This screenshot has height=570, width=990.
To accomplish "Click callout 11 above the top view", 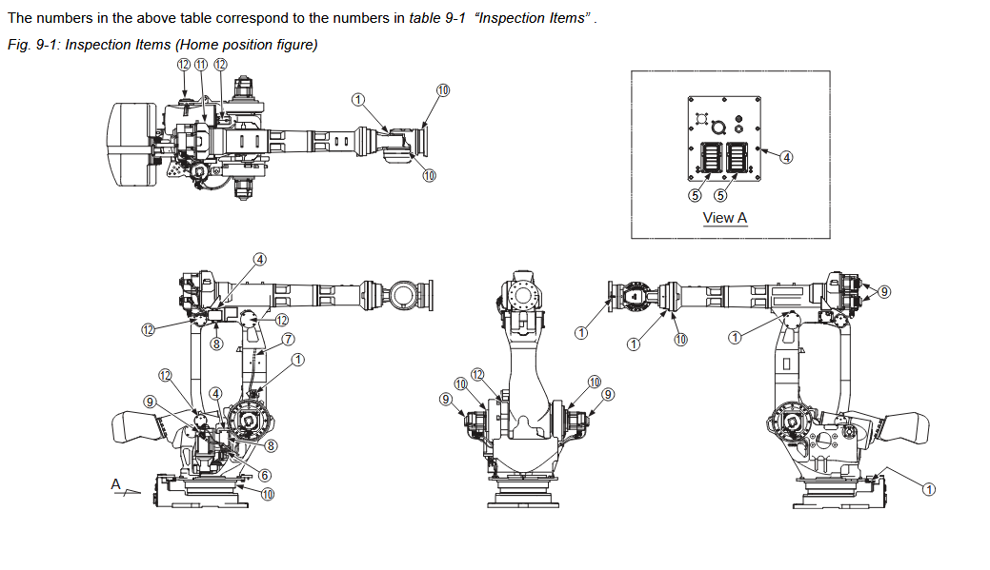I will (201, 64).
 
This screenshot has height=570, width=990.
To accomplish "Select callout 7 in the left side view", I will (287, 339).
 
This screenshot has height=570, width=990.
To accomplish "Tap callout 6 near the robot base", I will (265, 475).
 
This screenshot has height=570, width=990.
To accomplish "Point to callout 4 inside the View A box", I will (786, 157).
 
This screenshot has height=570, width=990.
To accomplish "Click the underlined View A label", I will (724, 218).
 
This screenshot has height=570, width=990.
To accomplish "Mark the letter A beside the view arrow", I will (116, 484).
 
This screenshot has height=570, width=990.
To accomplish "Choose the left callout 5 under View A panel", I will (696, 194).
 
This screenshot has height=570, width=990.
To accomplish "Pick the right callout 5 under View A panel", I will (720, 194).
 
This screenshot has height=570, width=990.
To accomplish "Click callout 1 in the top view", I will (358, 99).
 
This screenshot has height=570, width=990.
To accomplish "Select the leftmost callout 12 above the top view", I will (184, 64).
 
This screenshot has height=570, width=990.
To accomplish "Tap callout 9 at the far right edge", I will (884, 291).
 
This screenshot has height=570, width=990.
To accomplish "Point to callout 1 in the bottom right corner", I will (929, 489).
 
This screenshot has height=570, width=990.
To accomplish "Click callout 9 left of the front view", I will (446, 399).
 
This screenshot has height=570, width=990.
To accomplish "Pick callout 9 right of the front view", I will (608, 394).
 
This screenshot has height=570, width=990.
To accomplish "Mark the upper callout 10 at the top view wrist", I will (443, 89).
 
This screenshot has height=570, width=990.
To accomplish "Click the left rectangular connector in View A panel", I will (709, 156).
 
